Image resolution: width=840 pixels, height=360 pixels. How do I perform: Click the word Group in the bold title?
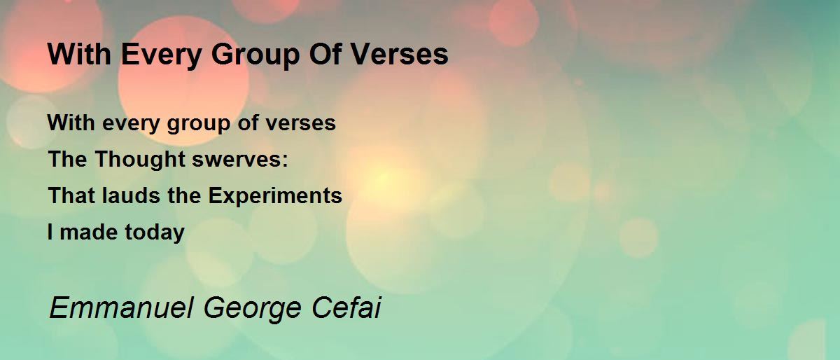tap(255, 55)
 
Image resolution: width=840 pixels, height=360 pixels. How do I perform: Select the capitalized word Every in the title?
tap(162, 55)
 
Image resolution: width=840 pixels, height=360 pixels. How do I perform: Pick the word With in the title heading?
tap(80, 54)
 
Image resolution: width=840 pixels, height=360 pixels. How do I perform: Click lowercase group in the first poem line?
tap(198, 124)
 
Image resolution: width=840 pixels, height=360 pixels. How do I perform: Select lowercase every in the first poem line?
tap(131, 124)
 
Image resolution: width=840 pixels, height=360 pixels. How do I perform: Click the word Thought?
tap(140, 159)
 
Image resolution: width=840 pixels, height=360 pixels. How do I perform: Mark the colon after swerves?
tap(285, 161)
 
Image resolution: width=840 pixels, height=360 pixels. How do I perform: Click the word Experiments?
tap(275, 197)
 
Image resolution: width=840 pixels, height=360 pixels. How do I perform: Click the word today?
tap(155, 233)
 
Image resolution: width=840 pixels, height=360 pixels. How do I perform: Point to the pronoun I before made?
tap(50, 232)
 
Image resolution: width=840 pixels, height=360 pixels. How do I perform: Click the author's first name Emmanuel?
tap(122, 308)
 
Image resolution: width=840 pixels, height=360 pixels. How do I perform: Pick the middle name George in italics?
tap(253, 310)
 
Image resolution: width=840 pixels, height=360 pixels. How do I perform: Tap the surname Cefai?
tap(346, 308)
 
